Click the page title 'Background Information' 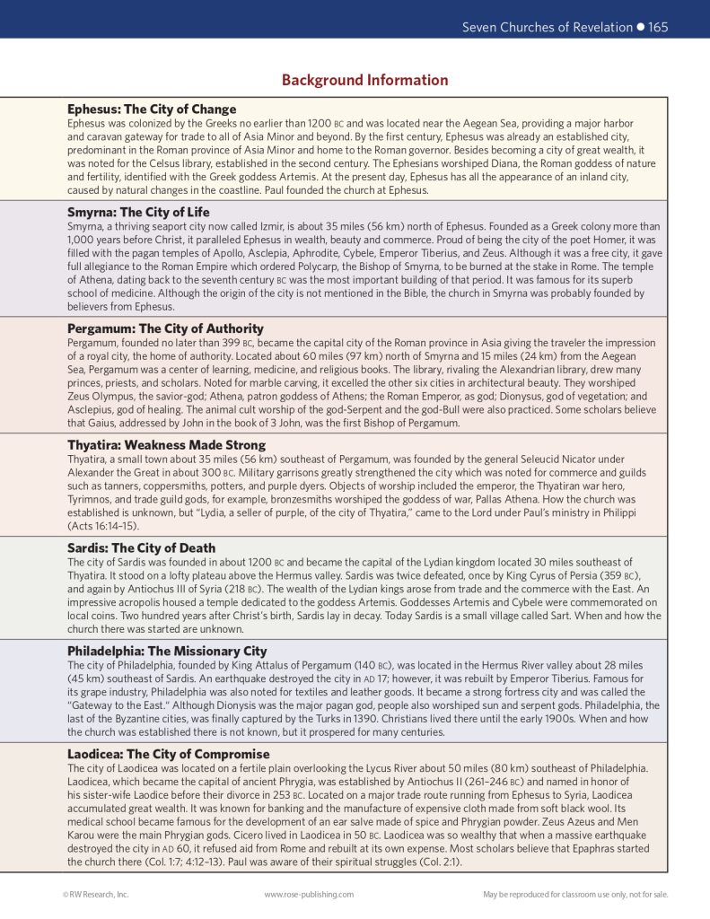pyautogui.click(x=364, y=80)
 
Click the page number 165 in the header pyautogui.click(x=658, y=27)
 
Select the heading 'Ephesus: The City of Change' pyautogui.click(x=152, y=109)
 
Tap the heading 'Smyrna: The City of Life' pyautogui.click(x=138, y=212)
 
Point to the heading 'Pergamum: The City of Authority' pyautogui.click(x=165, y=328)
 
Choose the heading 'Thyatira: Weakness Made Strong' pyautogui.click(x=166, y=445)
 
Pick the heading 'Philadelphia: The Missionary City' pyautogui.click(x=167, y=651)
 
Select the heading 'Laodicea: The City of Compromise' pyautogui.click(x=168, y=754)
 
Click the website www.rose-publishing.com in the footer pyautogui.click(x=309, y=894)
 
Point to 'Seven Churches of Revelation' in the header pyautogui.click(x=547, y=27)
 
